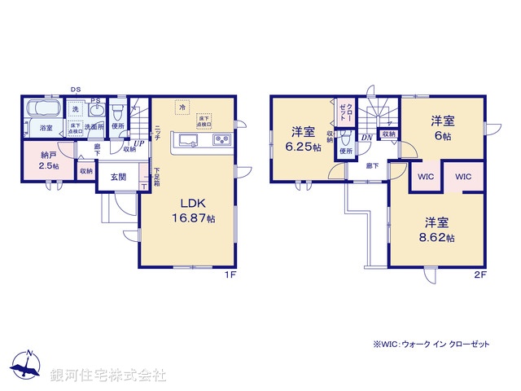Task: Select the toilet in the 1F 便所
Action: point(118,109)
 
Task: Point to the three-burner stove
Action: point(221,140)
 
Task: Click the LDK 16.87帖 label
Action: point(193,211)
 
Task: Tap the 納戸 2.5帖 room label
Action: point(49,160)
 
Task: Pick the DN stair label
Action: point(367,138)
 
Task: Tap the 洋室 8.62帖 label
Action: point(437,229)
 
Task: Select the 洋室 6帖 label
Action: point(443,129)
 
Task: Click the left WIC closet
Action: point(426,176)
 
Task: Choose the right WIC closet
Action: point(463,176)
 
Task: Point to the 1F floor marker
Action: point(230,275)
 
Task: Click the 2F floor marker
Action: point(480,275)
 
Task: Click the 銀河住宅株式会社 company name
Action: point(107,376)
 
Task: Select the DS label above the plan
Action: point(76,90)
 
